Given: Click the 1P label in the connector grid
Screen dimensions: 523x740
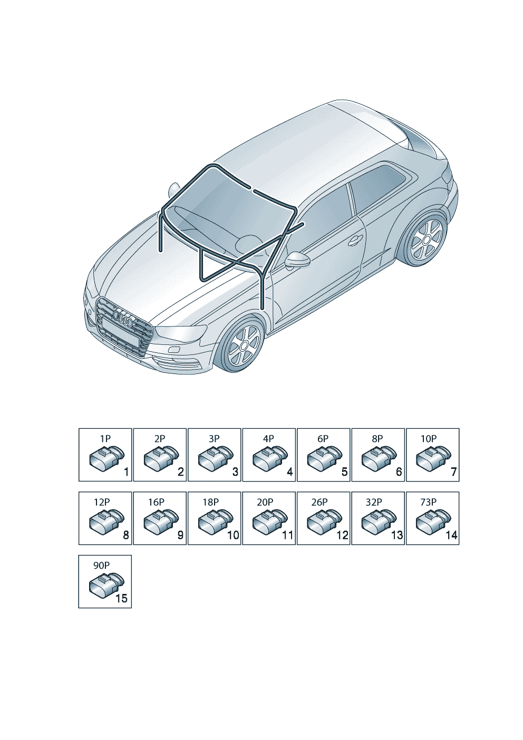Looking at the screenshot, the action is (x=105, y=439).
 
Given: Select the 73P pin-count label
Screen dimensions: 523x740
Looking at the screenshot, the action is (x=429, y=502).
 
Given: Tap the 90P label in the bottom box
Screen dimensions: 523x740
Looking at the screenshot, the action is (x=101, y=565).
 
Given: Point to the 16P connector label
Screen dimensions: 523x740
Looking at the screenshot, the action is (x=156, y=502).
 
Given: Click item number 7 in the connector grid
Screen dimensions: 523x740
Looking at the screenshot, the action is (x=453, y=472).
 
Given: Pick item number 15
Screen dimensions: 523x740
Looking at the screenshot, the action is (x=121, y=598).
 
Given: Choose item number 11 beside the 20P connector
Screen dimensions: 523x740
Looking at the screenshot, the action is (x=288, y=535).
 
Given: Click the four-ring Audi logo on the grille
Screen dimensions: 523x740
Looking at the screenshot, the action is (x=123, y=317).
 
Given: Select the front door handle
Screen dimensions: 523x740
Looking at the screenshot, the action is (x=356, y=240).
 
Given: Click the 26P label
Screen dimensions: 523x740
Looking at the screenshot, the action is (x=319, y=502).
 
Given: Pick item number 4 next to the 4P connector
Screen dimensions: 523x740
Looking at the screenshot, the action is (x=290, y=472).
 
